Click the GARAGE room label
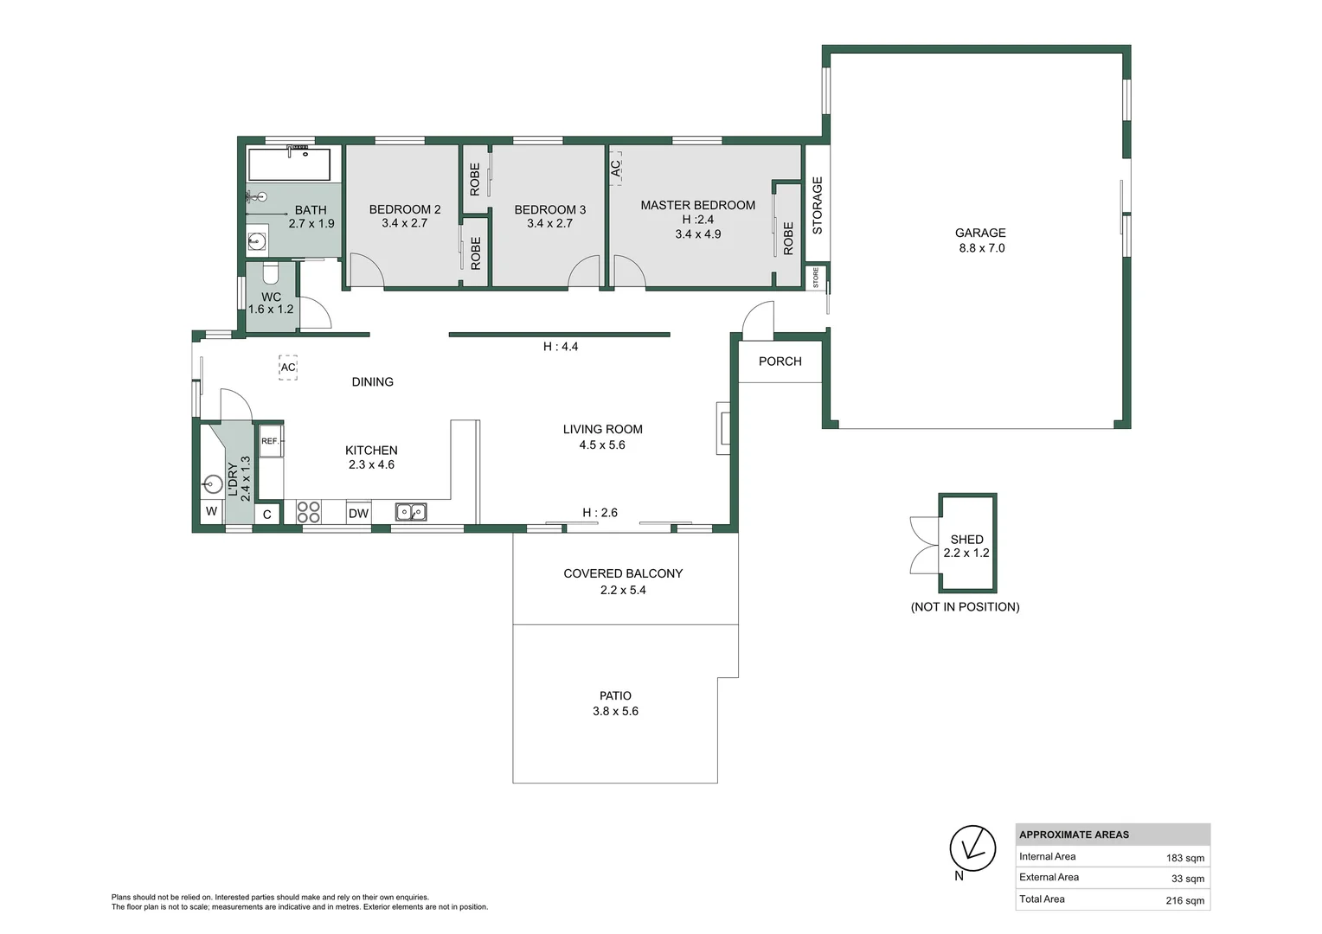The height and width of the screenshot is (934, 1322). coord(979,233)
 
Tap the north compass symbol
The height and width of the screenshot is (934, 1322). coord(972,848)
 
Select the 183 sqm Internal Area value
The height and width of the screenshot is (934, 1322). coord(1184,858)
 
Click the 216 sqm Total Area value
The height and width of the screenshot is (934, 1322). coord(1184,900)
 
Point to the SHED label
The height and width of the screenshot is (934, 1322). coord(966,539)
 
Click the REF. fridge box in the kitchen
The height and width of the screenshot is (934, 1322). coord(270,441)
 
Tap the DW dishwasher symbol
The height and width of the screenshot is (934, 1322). coord(358,513)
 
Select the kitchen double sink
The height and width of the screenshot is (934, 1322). coord(411,512)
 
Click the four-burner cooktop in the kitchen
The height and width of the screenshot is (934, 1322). coord(308,512)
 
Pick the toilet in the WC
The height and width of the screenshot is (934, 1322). coord(270,274)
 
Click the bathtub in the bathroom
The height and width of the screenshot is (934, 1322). coord(289,164)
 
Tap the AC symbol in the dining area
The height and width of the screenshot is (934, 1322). coord(288,368)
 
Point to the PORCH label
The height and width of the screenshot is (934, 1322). coord(780,361)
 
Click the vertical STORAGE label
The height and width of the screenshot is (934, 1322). coord(817,206)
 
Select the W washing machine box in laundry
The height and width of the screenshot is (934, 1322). coord(211,512)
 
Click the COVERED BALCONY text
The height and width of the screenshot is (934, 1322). coord(623,573)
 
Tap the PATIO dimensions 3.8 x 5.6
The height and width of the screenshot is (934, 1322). coord(615,711)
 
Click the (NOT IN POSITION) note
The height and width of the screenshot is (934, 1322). coord(965,607)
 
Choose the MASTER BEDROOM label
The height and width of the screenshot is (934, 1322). coord(697,205)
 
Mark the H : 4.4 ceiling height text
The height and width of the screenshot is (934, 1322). coord(561,347)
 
